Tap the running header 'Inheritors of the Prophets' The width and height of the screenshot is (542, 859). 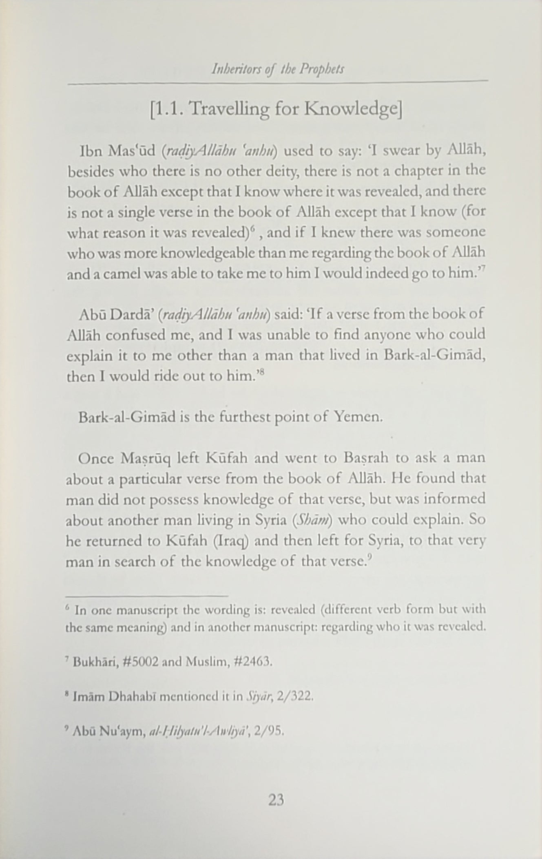click(x=278, y=69)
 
